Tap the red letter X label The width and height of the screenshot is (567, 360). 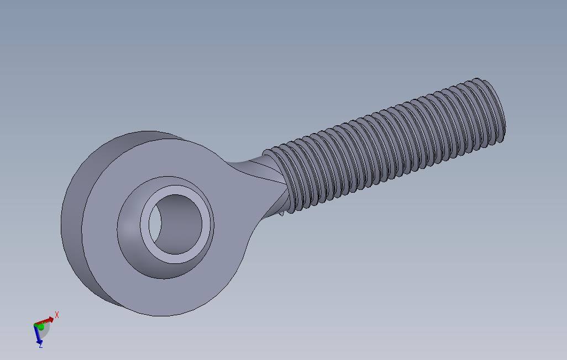[57, 315]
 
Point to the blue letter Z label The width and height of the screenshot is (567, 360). [41, 346]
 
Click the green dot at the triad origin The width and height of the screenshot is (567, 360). [40, 327]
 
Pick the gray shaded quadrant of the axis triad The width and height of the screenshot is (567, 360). [46, 330]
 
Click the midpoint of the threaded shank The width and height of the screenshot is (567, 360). [387, 146]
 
